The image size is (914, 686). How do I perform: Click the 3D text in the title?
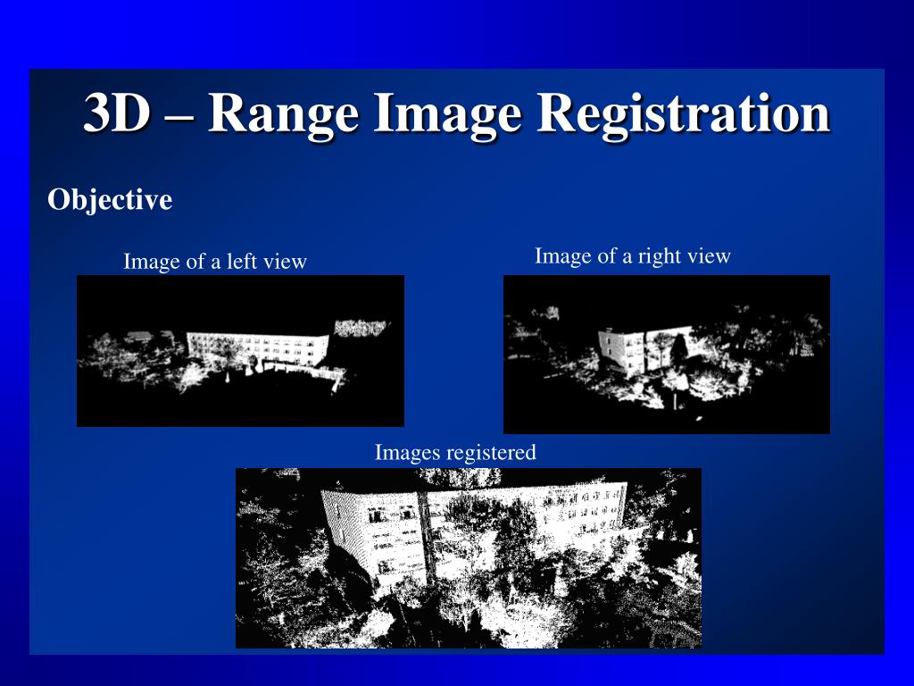click(x=115, y=115)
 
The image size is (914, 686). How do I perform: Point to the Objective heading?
click(x=109, y=200)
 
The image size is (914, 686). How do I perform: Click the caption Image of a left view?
click(x=214, y=262)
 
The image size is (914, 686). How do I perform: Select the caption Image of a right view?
click(x=632, y=256)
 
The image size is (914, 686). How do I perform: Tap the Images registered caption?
click(x=455, y=453)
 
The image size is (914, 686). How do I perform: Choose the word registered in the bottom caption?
click(x=492, y=453)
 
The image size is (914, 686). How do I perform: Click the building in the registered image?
click(x=473, y=527)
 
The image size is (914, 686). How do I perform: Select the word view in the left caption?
click(x=287, y=262)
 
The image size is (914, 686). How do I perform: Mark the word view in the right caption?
click(x=710, y=256)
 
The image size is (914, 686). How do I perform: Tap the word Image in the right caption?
click(x=559, y=256)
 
